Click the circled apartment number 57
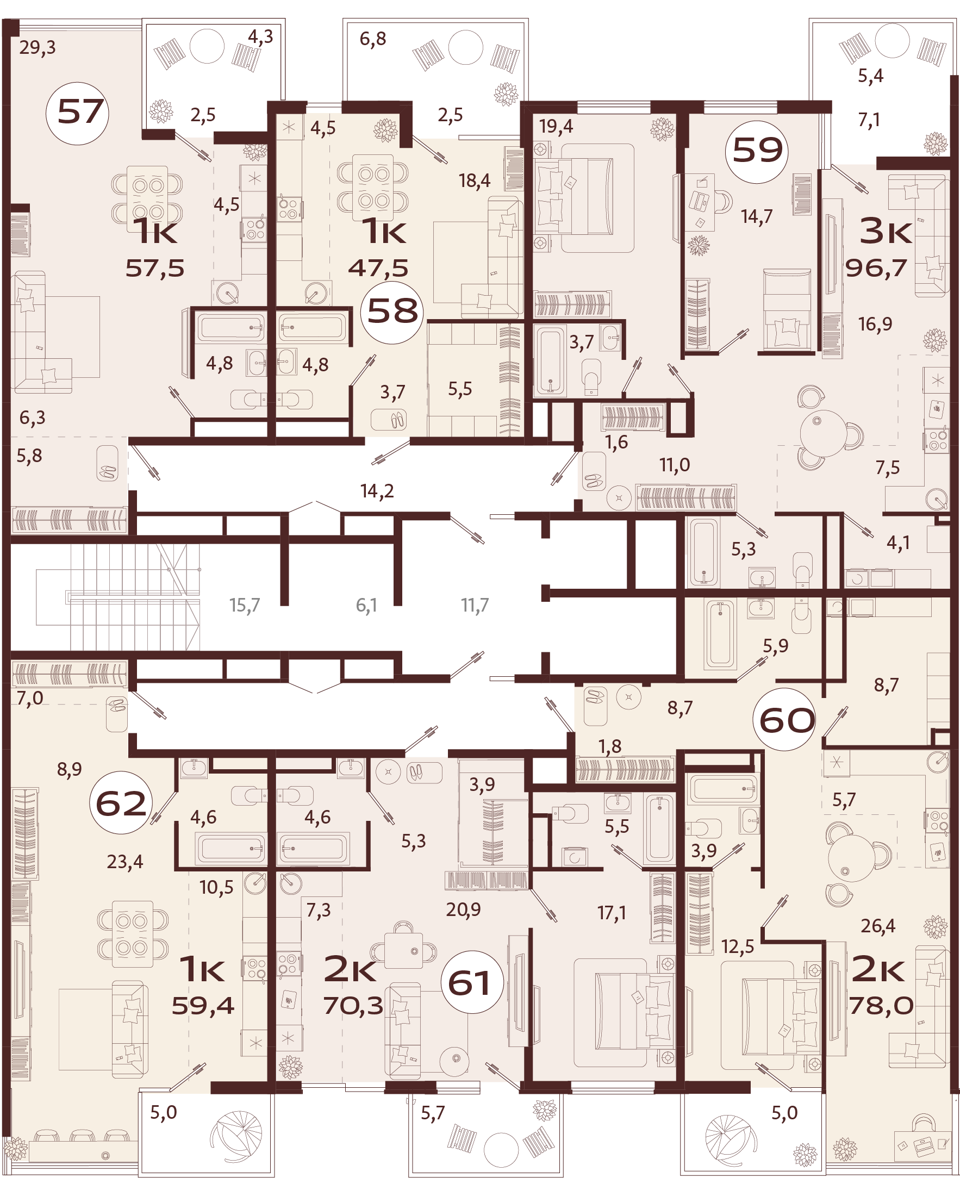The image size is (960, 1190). [77, 113]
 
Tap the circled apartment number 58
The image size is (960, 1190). [392, 312]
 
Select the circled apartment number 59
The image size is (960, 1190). [757, 152]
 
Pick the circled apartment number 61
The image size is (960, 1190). [472, 982]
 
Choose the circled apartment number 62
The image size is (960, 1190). [121, 803]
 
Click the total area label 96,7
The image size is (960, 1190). [876, 268]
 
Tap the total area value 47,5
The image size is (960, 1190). [378, 268]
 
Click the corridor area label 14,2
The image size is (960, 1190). [377, 491]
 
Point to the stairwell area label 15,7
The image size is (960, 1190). [245, 606]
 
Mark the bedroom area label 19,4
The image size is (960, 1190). [556, 127]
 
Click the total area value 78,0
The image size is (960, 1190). [881, 1005]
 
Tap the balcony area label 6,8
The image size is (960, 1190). [373, 39]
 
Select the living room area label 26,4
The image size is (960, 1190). [877, 926]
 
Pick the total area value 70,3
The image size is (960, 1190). [353, 1005]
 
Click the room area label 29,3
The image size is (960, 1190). [38, 47]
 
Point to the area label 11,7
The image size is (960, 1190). [475, 606]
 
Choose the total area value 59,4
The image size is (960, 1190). [203, 1005]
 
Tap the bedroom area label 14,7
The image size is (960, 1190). [757, 217]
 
